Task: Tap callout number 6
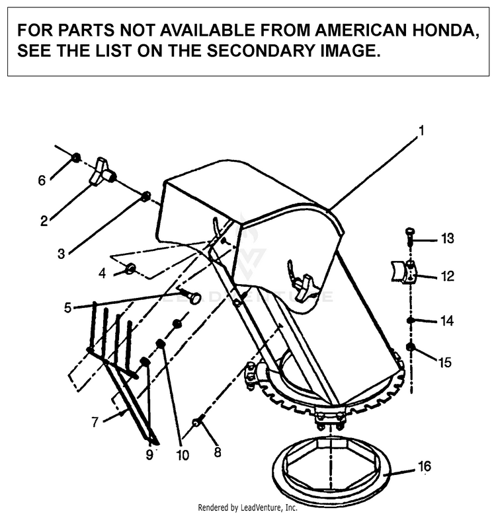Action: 42,180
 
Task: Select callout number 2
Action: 44,221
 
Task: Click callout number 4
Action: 102,272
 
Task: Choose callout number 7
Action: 97,421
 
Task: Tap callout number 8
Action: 218,453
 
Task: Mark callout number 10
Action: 182,455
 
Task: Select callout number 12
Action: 448,276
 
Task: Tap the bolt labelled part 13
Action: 409,234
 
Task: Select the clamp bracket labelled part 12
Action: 403,270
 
